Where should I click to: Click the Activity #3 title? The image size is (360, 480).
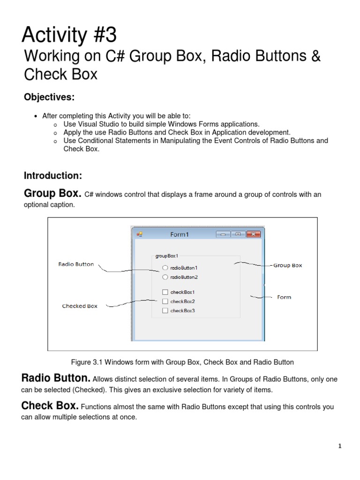pyautogui.click(x=70, y=35)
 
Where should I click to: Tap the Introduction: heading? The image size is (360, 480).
pyautogui.click(x=53, y=176)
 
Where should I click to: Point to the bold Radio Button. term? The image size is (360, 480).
pyautogui.click(x=56, y=378)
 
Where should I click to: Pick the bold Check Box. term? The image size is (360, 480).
pyautogui.click(x=50, y=405)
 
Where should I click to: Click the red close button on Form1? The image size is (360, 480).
pyautogui.click(x=253, y=234)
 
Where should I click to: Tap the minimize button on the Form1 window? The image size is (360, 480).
pyautogui.click(x=223, y=234)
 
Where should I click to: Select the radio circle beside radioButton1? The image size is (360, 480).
pyautogui.click(x=165, y=268)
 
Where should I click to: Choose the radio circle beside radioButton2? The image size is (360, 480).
pyautogui.click(x=165, y=277)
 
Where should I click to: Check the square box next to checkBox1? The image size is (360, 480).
pyautogui.click(x=165, y=292)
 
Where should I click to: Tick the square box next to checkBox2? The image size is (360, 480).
pyautogui.click(x=165, y=301)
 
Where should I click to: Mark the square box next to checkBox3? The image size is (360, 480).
pyautogui.click(x=165, y=310)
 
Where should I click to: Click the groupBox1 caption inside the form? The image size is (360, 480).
pyautogui.click(x=166, y=256)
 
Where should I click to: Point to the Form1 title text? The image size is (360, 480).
pyautogui.click(x=180, y=234)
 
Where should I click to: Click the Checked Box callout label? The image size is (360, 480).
pyautogui.click(x=80, y=306)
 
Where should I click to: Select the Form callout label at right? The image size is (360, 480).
pyautogui.click(x=284, y=297)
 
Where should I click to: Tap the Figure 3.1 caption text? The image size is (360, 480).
pyautogui.click(x=182, y=362)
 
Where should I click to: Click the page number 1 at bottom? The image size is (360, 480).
pyautogui.click(x=340, y=446)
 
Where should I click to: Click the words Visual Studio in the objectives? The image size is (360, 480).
pyautogui.click(x=96, y=124)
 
